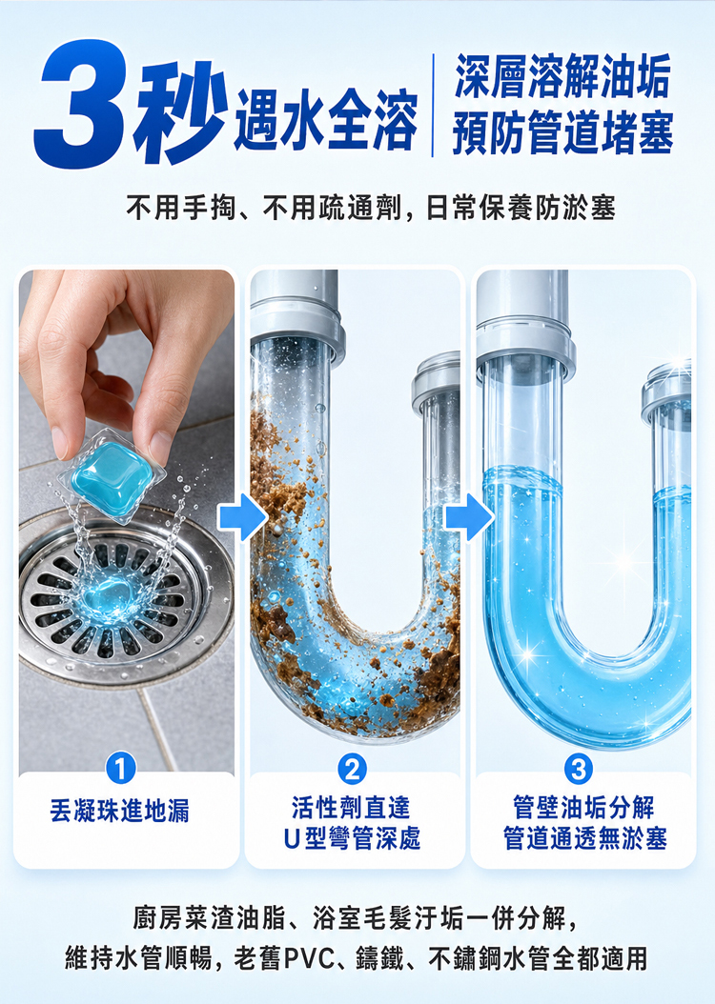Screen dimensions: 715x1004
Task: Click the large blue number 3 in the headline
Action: (81, 105)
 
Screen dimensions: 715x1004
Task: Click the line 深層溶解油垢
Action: (562, 76)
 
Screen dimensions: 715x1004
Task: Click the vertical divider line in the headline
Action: (433, 105)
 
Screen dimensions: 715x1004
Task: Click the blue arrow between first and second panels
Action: (242, 516)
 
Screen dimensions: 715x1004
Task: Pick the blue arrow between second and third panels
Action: (469, 516)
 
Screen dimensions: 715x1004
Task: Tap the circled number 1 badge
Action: (120, 768)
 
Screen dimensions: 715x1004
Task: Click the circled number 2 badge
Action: (352, 769)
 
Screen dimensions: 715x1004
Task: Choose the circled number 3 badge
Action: (579, 769)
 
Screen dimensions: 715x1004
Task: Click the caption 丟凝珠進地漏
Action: (120, 811)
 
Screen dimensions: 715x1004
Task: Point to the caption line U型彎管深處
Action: (352, 839)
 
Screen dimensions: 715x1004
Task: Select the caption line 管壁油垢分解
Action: (583, 808)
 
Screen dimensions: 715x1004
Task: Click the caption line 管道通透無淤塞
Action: (585, 839)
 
